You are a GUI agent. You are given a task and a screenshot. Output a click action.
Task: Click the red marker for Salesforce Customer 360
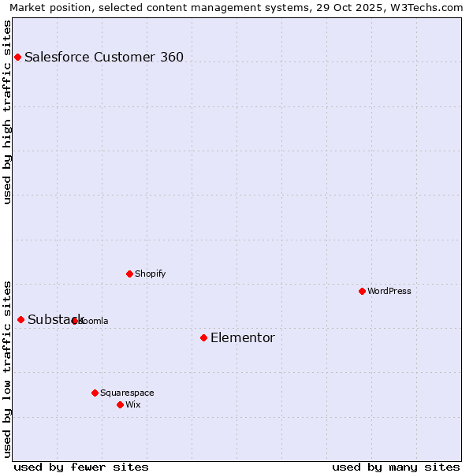tap(17, 57)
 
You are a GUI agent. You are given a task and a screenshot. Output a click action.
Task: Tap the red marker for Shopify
tap(129, 274)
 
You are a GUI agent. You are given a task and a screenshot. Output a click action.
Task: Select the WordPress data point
tap(362, 291)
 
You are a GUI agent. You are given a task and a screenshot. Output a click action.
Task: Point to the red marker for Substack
tap(20, 319)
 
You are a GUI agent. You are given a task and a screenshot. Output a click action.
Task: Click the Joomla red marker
tap(74, 321)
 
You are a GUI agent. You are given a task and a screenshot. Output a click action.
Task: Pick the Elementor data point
tap(203, 337)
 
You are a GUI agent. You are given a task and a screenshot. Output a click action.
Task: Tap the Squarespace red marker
tap(95, 393)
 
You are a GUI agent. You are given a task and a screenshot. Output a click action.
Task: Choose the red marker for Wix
tap(120, 404)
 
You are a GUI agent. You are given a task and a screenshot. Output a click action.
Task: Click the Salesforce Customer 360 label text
tap(104, 57)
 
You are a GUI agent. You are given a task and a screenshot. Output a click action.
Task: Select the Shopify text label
tap(150, 274)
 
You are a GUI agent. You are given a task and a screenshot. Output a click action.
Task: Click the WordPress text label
tap(389, 291)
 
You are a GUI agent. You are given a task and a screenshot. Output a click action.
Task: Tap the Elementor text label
tap(243, 337)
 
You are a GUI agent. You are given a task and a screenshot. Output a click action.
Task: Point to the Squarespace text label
tap(127, 393)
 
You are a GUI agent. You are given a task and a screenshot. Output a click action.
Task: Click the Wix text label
tap(133, 404)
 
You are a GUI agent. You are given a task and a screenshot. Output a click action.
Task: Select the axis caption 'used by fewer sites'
tap(81, 467)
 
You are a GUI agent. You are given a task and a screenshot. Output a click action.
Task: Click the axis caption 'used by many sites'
tap(396, 467)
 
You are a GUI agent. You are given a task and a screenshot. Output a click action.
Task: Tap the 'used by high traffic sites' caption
tap(8, 112)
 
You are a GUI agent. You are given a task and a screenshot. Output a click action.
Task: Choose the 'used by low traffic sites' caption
tap(8, 368)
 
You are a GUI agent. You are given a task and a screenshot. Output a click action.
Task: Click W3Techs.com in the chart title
tap(426, 7)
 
